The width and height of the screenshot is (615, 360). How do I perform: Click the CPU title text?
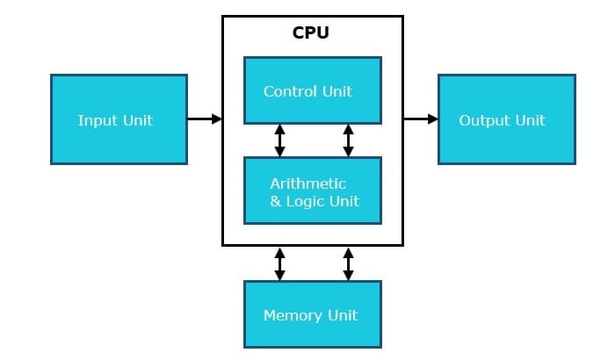(x=312, y=33)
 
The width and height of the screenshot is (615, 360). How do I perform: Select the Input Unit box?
(x=119, y=119)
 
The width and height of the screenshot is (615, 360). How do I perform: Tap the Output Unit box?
(x=507, y=119)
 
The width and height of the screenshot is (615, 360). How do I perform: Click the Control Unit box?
(x=312, y=90)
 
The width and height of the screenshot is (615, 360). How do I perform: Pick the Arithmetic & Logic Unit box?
(x=312, y=191)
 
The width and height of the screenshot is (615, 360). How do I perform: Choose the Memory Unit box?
(x=312, y=314)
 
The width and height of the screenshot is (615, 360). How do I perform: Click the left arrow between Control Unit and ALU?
(x=279, y=140)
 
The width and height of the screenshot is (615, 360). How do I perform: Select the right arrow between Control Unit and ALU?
(x=348, y=140)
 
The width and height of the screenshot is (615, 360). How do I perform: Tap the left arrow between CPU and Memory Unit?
(x=279, y=263)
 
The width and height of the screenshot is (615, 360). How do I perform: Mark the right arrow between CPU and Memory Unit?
(x=348, y=263)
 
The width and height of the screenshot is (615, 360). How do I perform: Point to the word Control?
(x=289, y=90)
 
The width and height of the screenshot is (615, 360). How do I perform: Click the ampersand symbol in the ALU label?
(x=276, y=201)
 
